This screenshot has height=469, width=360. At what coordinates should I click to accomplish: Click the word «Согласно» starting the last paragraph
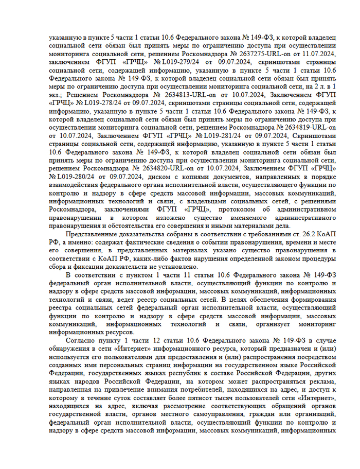tap(82, 341)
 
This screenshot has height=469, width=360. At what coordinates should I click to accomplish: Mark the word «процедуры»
tap(318, 257)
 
